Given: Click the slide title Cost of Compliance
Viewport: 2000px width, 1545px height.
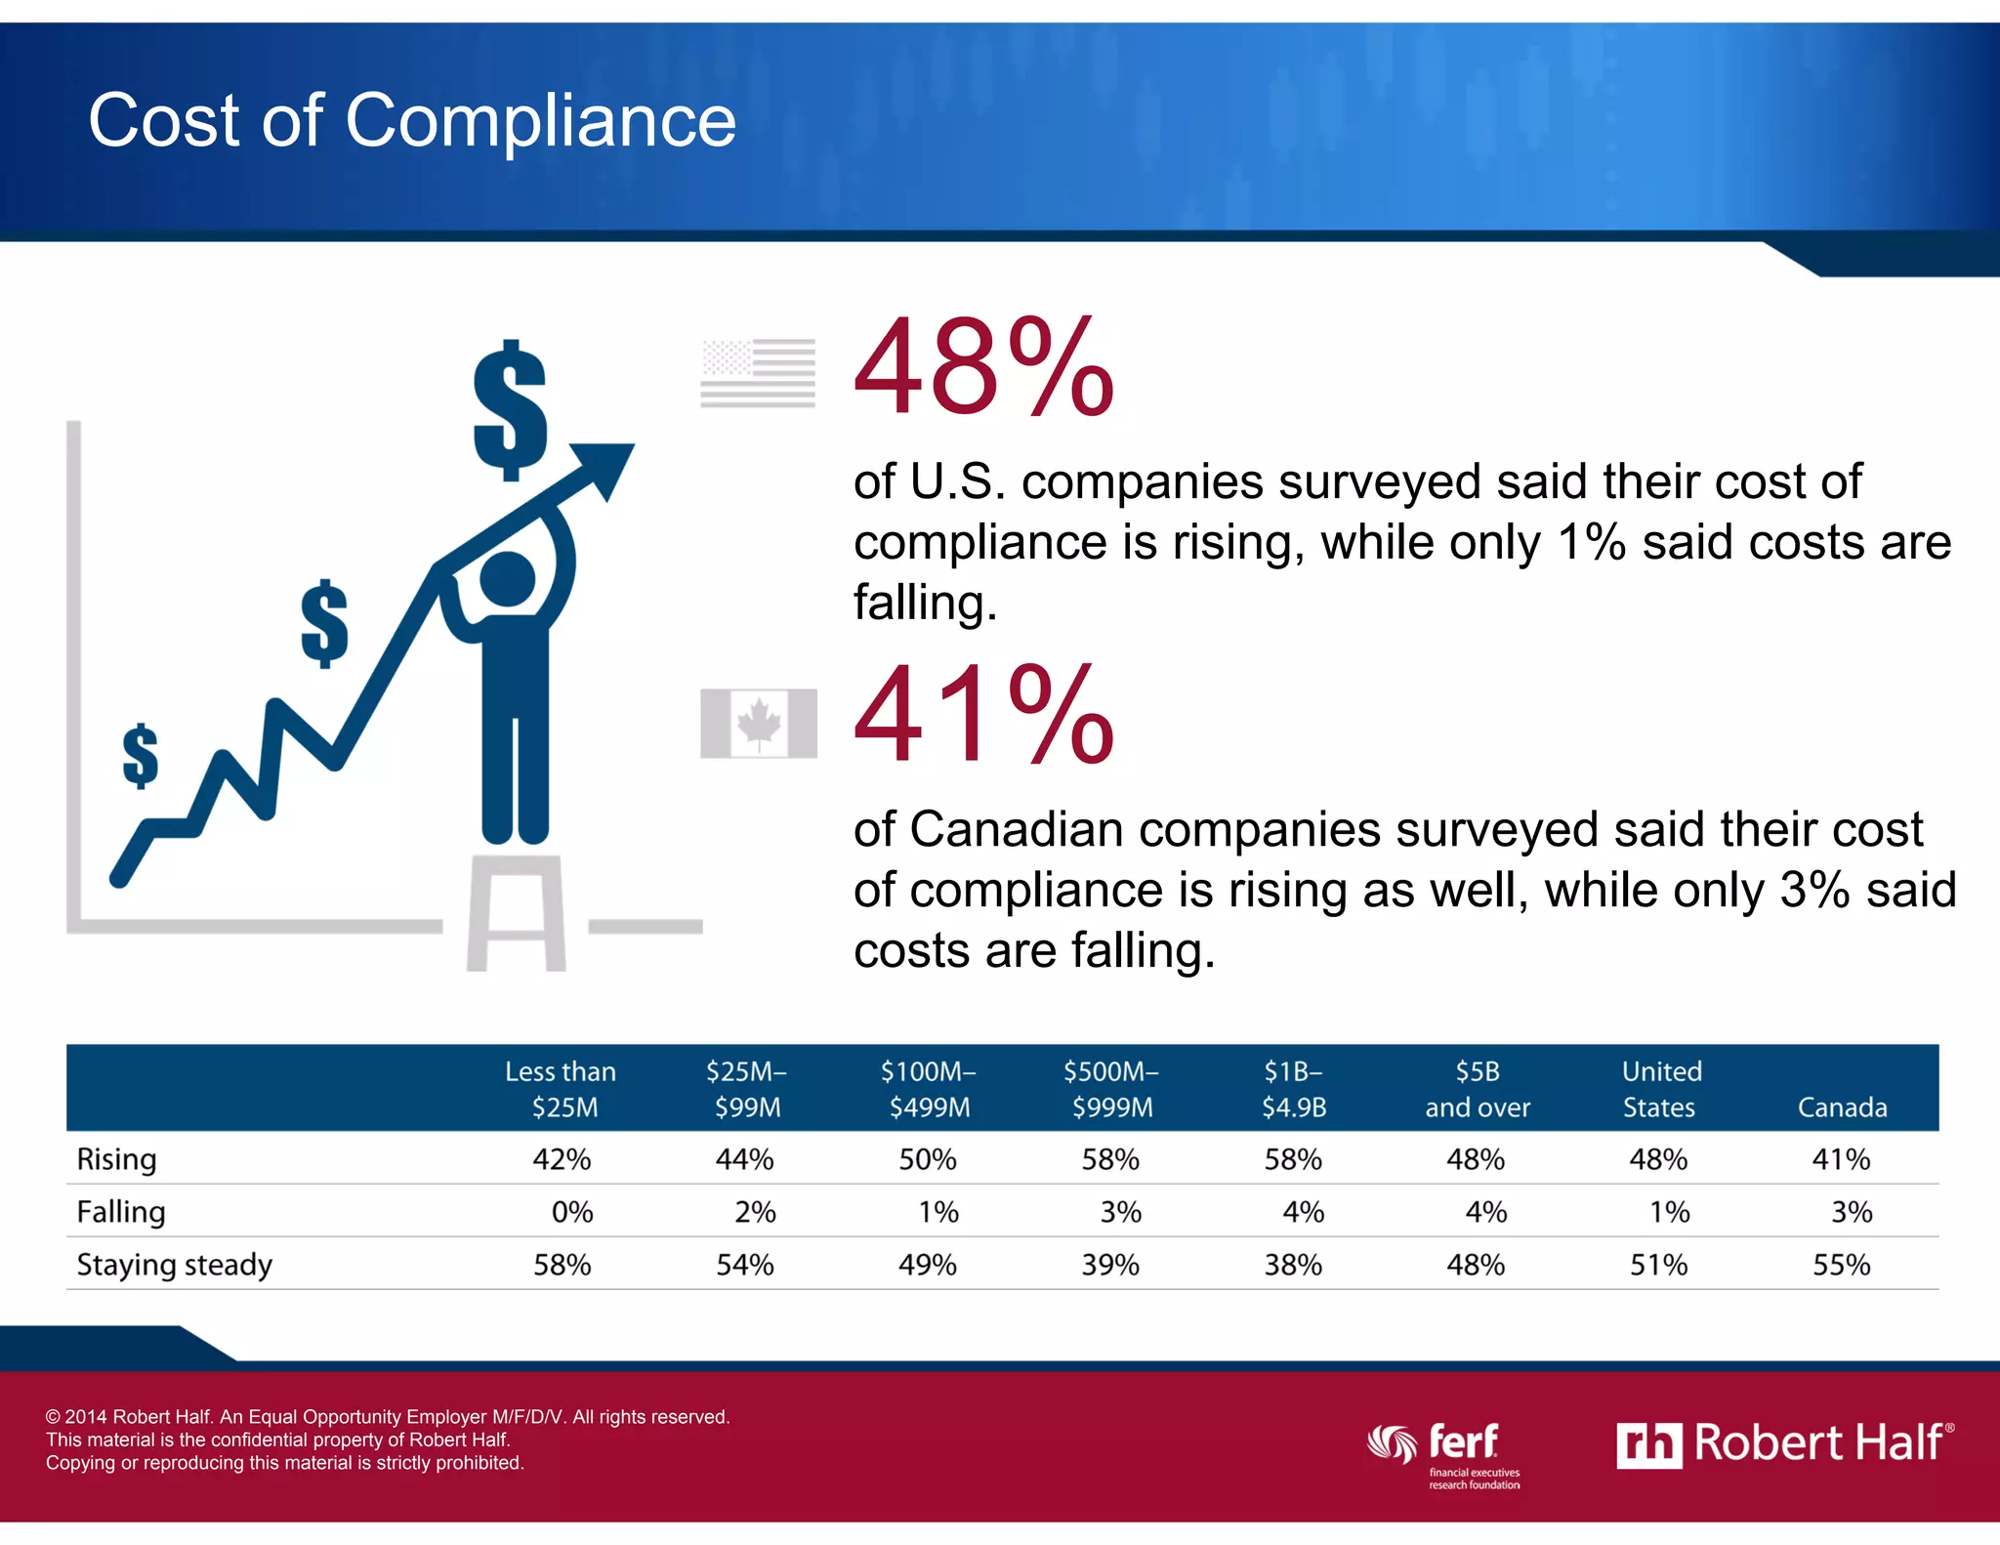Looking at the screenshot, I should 412,120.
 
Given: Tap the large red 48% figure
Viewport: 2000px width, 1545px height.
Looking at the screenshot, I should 983,369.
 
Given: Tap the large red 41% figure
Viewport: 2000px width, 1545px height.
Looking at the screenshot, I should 983,716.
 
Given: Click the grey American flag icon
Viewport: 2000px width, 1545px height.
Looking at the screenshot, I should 758,373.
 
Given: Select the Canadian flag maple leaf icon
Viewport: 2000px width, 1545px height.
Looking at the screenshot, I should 759,724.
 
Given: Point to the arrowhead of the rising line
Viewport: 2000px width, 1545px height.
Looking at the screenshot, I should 605,466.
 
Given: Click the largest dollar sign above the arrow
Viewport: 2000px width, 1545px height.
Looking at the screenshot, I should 509,410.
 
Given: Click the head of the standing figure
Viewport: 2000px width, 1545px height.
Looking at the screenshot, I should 508,578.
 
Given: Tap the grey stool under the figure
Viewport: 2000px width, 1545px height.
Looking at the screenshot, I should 516,913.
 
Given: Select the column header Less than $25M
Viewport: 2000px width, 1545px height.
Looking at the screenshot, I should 562,1089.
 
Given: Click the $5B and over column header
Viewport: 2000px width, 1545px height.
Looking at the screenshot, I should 1477,1089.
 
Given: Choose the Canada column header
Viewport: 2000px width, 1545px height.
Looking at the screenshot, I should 1842,1107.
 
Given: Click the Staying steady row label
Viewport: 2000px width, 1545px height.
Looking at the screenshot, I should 174,1265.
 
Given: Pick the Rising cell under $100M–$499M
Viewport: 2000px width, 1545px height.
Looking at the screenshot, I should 927,1159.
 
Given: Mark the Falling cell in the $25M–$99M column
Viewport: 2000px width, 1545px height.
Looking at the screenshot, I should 754,1212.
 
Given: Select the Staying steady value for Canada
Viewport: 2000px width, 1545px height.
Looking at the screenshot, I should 1841,1265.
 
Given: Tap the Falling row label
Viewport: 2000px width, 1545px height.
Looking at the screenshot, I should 121,1212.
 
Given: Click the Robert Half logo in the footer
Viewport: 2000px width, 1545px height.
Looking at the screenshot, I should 1784,1443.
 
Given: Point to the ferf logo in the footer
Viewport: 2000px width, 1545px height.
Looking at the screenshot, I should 1445,1450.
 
